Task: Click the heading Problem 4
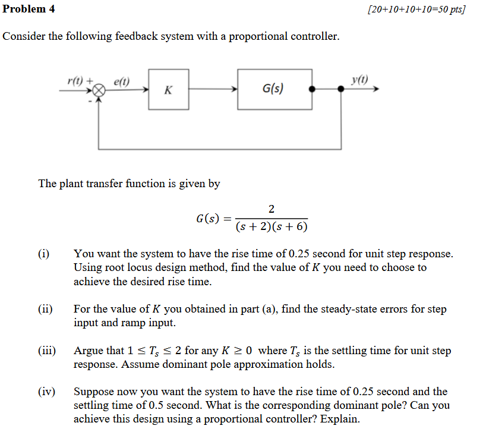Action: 24,9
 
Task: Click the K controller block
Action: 169,90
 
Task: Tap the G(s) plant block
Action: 274,89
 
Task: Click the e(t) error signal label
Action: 122,80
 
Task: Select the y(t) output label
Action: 359,79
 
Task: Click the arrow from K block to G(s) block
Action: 213,90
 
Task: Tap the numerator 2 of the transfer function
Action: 272,209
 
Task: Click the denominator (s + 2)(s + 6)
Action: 272,227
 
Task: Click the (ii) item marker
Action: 46,309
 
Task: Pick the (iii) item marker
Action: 47,351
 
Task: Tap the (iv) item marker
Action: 46,392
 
